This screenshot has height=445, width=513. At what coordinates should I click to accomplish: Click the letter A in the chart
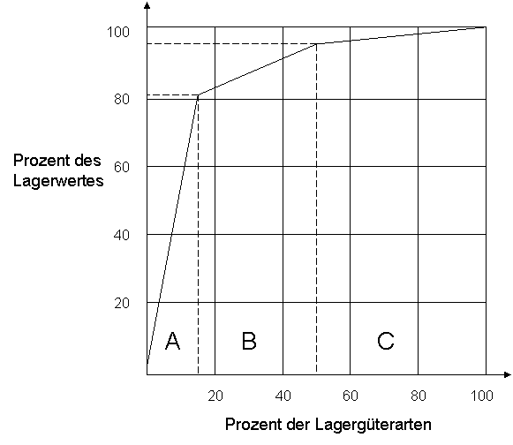(173, 341)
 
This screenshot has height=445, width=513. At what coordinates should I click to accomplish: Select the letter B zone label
(249, 341)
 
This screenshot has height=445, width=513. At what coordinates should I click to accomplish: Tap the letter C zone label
(386, 341)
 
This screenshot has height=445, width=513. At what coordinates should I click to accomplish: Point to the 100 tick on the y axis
(118, 32)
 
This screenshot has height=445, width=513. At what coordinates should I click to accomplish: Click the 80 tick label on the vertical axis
(122, 99)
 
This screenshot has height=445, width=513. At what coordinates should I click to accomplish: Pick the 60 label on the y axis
(122, 167)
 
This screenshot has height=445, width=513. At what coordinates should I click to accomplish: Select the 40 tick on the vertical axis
(122, 235)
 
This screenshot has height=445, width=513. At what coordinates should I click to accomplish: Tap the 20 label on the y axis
(122, 304)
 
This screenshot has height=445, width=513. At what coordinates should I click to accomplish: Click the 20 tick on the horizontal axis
(215, 396)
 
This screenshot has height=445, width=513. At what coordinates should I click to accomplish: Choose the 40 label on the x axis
(283, 396)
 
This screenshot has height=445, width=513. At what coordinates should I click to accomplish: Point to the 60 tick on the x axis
(351, 396)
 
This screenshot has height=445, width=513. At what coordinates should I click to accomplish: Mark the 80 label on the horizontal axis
(419, 396)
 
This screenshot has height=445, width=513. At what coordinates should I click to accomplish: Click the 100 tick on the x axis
(481, 396)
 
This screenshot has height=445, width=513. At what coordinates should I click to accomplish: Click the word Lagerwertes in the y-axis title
(58, 181)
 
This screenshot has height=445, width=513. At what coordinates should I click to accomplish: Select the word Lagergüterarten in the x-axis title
(373, 425)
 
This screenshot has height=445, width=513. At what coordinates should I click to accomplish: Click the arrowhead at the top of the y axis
(147, 5)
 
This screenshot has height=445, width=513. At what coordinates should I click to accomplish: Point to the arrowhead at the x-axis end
(508, 374)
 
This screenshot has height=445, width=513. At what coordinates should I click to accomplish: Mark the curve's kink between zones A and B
(199, 95)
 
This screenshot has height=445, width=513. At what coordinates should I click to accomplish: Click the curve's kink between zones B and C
(316, 44)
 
